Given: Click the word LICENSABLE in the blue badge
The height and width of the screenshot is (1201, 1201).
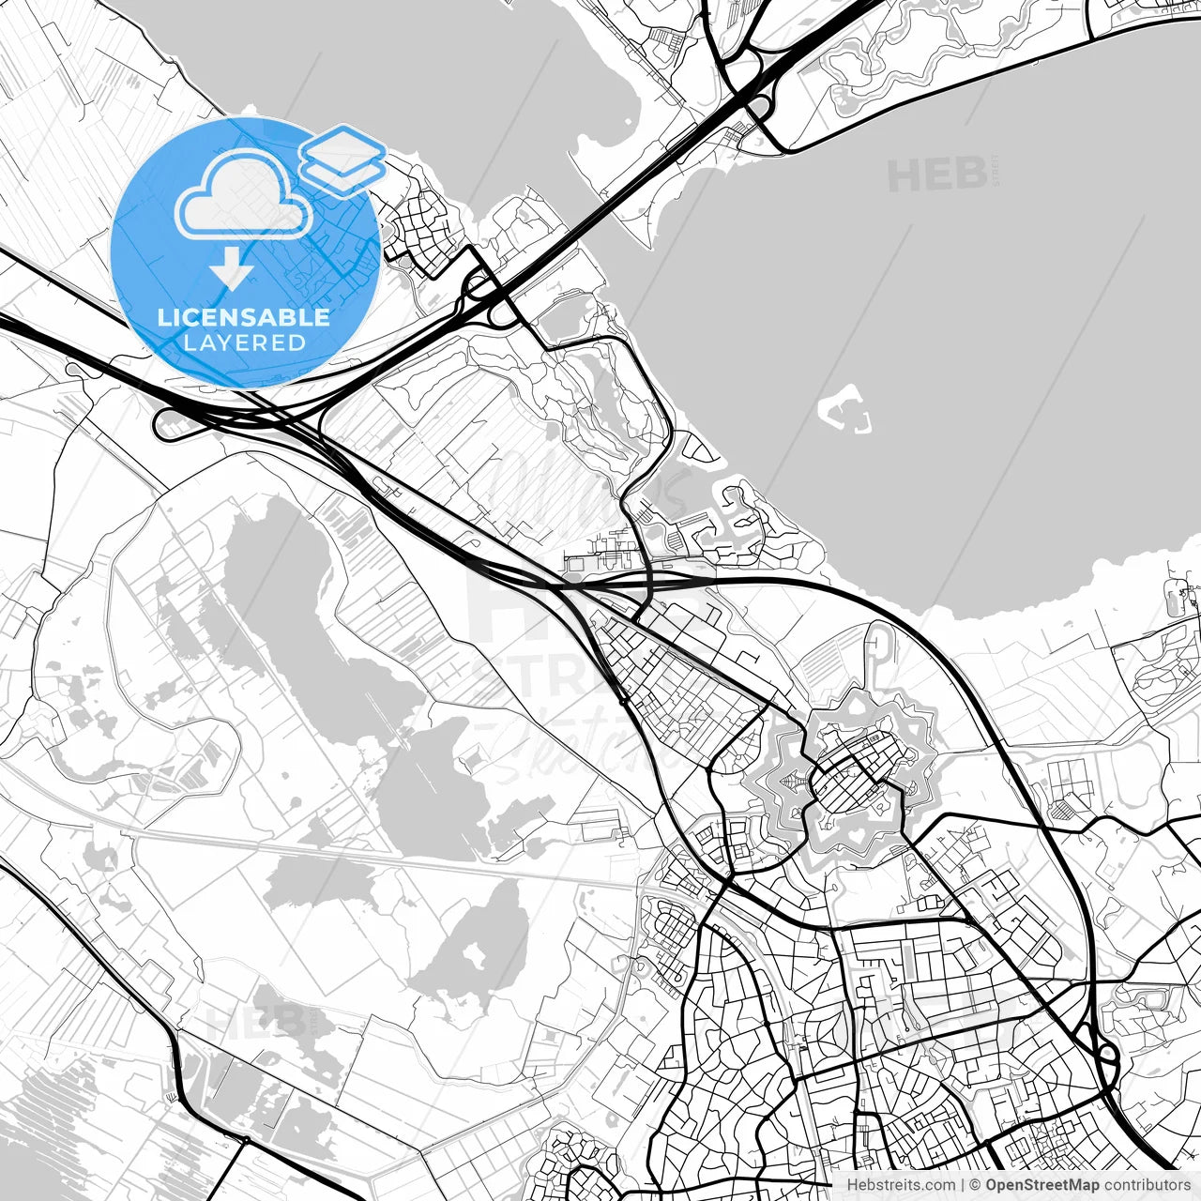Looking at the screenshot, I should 244,317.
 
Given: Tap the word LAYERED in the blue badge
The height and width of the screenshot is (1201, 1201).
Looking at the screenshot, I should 244,342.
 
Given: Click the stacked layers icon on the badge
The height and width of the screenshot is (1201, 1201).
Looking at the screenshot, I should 343,160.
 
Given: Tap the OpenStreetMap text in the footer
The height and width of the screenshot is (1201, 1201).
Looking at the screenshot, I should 1029,1185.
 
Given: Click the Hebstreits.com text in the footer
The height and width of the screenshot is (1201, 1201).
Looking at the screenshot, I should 901,1185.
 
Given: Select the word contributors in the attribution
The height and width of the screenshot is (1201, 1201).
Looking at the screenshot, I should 1133,1185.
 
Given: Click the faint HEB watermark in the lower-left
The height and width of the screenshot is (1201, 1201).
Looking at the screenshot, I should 253,1021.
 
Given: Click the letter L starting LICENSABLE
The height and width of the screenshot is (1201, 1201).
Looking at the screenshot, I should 163,317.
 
